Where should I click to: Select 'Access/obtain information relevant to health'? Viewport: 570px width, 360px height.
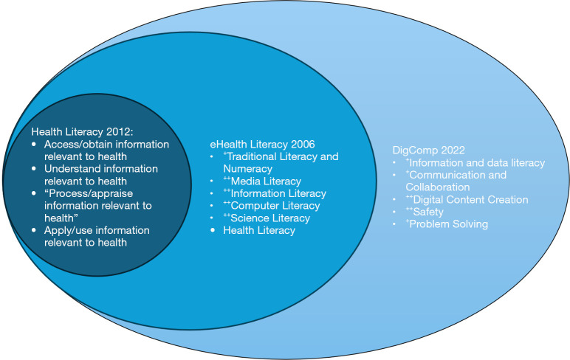tap(101, 150)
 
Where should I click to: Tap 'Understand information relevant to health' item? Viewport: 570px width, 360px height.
tap(97, 175)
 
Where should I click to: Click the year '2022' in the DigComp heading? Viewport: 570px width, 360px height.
tap(443, 149)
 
